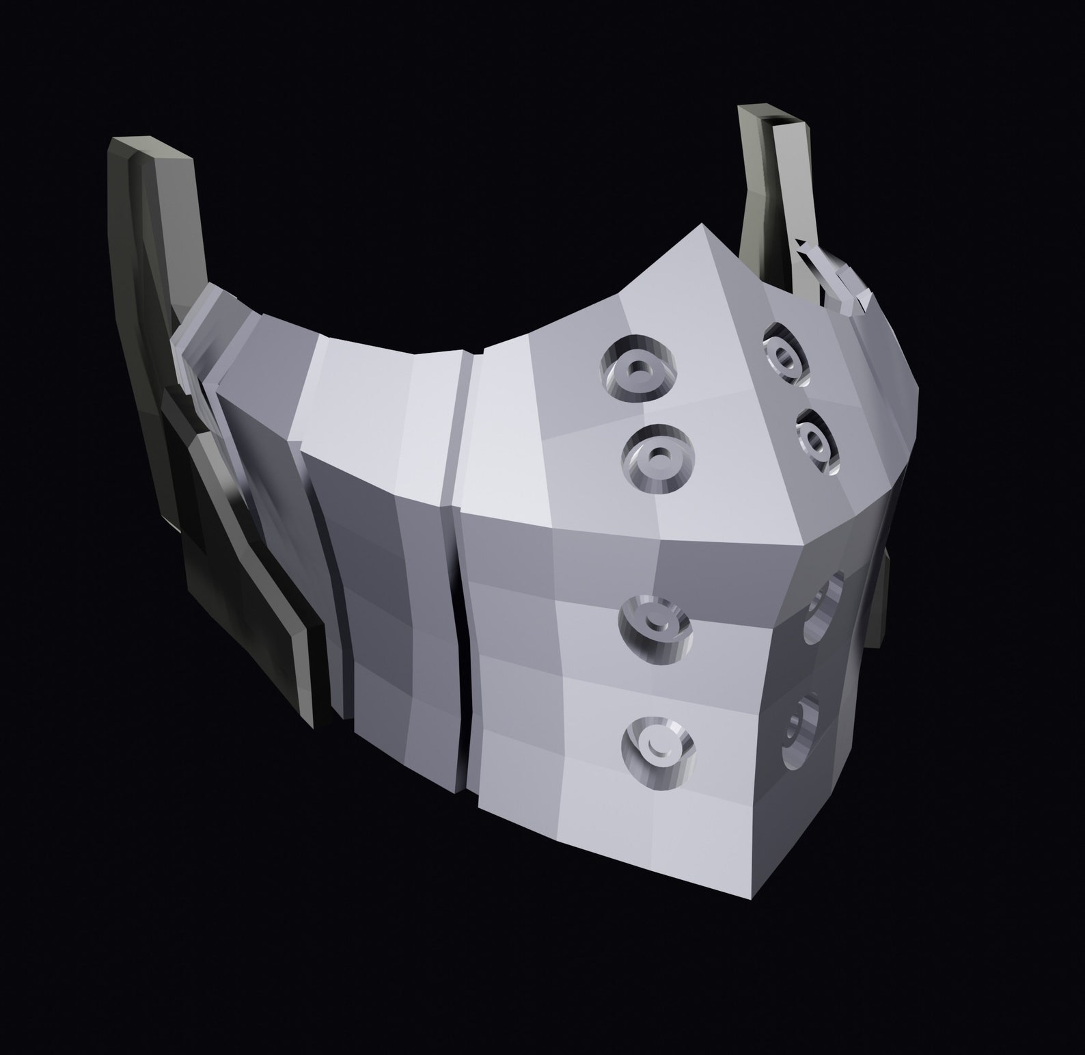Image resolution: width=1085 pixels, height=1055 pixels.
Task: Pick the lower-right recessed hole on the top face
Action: tap(816, 441)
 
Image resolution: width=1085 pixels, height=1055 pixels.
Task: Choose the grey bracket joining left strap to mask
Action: tap(195, 349)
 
